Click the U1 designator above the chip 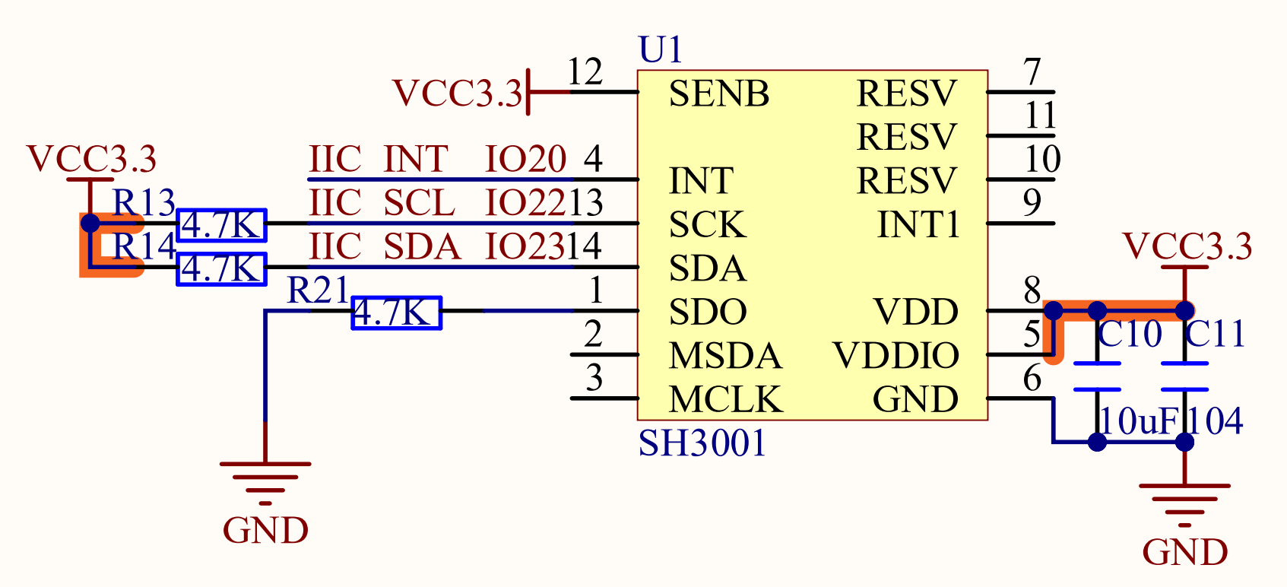click(661, 50)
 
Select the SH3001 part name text click(702, 443)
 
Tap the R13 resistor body click(221, 225)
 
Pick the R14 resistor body click(221, 269)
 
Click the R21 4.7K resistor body click(396, 313)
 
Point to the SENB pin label click(718, 94)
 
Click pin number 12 click(585, 73)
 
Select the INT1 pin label click(918, 225)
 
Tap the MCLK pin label click(724, 400)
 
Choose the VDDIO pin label click(896, 356)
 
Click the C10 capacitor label click(1130, 335)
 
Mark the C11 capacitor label click(1215, 335)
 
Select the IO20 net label click(525, 160)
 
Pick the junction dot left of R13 click(90, 224)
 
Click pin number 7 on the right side click(1032, 73)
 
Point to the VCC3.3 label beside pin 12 click(458, 94)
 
